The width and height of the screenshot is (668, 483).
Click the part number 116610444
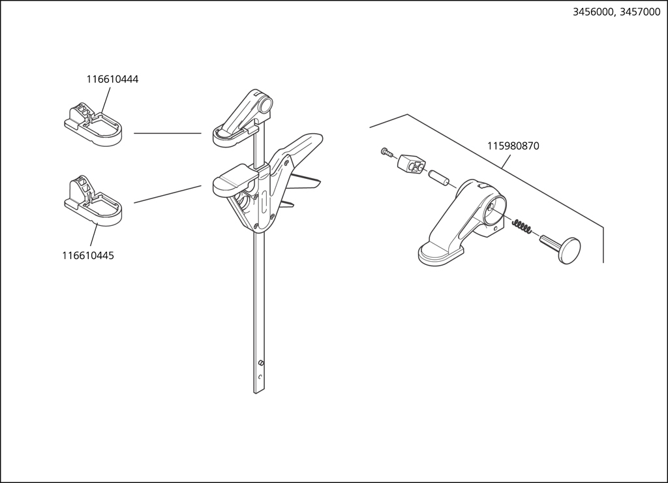[x=112, y=80]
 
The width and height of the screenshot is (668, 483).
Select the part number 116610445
[x=88, y=256]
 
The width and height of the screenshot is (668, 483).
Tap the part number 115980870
[x=513, y=146]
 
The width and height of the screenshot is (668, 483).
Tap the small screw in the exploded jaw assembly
[x=386, y=152]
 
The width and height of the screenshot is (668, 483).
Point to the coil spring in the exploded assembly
[x=523, y=227]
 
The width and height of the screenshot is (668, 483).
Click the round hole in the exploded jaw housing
[x=493, y=210]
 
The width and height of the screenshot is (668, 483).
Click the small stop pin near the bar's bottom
[x=260, y=363]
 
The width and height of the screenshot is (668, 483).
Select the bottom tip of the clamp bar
[x=259, y=390]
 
